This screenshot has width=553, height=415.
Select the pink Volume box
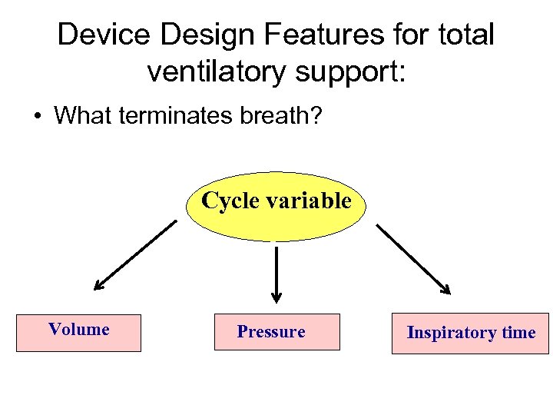(x=79, y=333)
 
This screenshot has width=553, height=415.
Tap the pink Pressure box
(x=276, y=332)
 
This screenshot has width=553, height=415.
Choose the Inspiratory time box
(x=470, y=333)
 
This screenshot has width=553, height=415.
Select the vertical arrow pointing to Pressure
(x=276, y=273)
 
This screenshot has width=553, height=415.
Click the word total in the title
(x=468, y=35)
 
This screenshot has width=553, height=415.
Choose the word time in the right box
(x=518, y=333)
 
